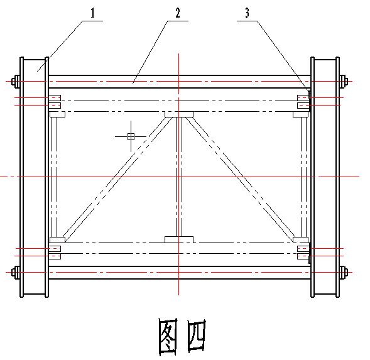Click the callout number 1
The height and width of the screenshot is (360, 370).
[x=93, y=13]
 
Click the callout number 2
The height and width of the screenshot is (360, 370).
[x=178, y=13]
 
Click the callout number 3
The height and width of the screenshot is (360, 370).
[x=247, y=13]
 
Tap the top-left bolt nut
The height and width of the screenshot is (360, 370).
[x=16, y=82]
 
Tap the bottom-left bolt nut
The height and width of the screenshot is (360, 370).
[x=16, y=273]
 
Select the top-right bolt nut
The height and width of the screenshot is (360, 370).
[x=344, y=82]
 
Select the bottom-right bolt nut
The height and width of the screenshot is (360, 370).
[x=344, y=273]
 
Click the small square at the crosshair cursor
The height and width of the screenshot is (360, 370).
[x=131, y=136]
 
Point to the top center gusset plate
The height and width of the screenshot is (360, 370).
[x=179, y=114]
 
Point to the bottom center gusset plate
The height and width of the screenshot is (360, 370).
[x=179, y=239]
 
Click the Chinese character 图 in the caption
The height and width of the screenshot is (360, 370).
[x=168, y=337]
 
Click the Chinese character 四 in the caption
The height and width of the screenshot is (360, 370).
[x=197, y=335]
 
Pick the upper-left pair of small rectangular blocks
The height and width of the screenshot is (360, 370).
[x=55, y=102]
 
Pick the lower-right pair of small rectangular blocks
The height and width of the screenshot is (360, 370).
[x=303, y=253]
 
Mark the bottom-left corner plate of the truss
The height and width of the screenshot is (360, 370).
[x=57, y=240]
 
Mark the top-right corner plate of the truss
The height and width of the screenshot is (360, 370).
[x=301, y=114]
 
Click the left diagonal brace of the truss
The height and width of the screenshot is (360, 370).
[x=117, y=180]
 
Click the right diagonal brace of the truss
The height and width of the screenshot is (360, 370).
[x=240, y=180]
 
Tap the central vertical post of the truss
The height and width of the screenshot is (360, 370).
[x=179, y=177]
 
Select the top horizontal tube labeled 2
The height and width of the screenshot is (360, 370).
[x=179, y=82]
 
